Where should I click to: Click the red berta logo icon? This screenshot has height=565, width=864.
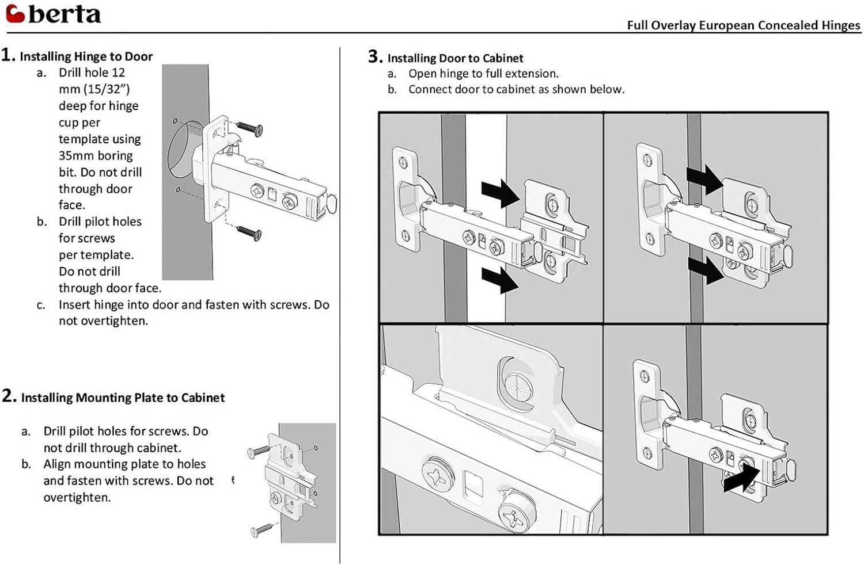pos(15,13)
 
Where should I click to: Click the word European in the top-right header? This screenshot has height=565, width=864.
pos(726,25)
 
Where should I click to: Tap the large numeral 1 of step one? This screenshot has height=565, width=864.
pos(7,55)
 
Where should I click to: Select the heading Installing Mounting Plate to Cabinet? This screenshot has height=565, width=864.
pos(123,398)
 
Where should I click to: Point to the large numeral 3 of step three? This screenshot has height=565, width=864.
pos(375,56)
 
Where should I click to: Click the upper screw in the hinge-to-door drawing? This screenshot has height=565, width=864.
pos(249,129)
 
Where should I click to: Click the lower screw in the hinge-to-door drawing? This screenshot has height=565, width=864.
pos(249,233)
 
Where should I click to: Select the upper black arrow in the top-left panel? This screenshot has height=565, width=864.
pos(501,193)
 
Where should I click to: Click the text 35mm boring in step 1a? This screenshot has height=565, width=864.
pos(96,156)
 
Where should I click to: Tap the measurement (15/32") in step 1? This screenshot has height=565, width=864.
pos(107,89)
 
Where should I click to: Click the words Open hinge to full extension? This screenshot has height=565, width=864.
pos(483,74)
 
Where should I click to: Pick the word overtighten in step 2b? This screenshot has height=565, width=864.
pos(77,497)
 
